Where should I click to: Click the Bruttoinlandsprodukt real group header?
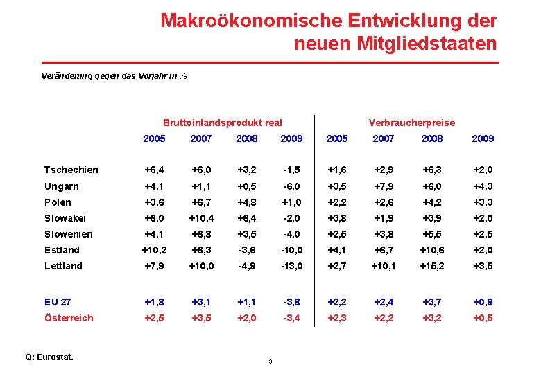click(222, 123)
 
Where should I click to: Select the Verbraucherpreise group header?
click(412, 123)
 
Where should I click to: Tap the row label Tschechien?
click(71, 170)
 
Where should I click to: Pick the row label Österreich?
click(69, 318)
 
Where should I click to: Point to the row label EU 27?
click(58, 302)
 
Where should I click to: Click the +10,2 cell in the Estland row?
click(154, 250)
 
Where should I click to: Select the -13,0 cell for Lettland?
click(291, 266)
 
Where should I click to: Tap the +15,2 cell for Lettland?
click(432, 266)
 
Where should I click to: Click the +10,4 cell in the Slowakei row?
click(201, 218)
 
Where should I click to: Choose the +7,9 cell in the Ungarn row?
click(384, 186)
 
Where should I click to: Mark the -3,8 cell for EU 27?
click(291, 302)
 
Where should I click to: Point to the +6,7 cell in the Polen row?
click(201, 202)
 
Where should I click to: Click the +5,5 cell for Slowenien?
click(432, 234)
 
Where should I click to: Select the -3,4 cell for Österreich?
click(291, 318)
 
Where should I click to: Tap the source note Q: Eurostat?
click(49, 357)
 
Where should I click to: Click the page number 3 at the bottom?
click(270, 362)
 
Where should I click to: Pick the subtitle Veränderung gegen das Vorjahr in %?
click(114, 75)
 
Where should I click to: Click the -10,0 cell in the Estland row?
click(291, 250)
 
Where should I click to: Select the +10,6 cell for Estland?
click(432, 250)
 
